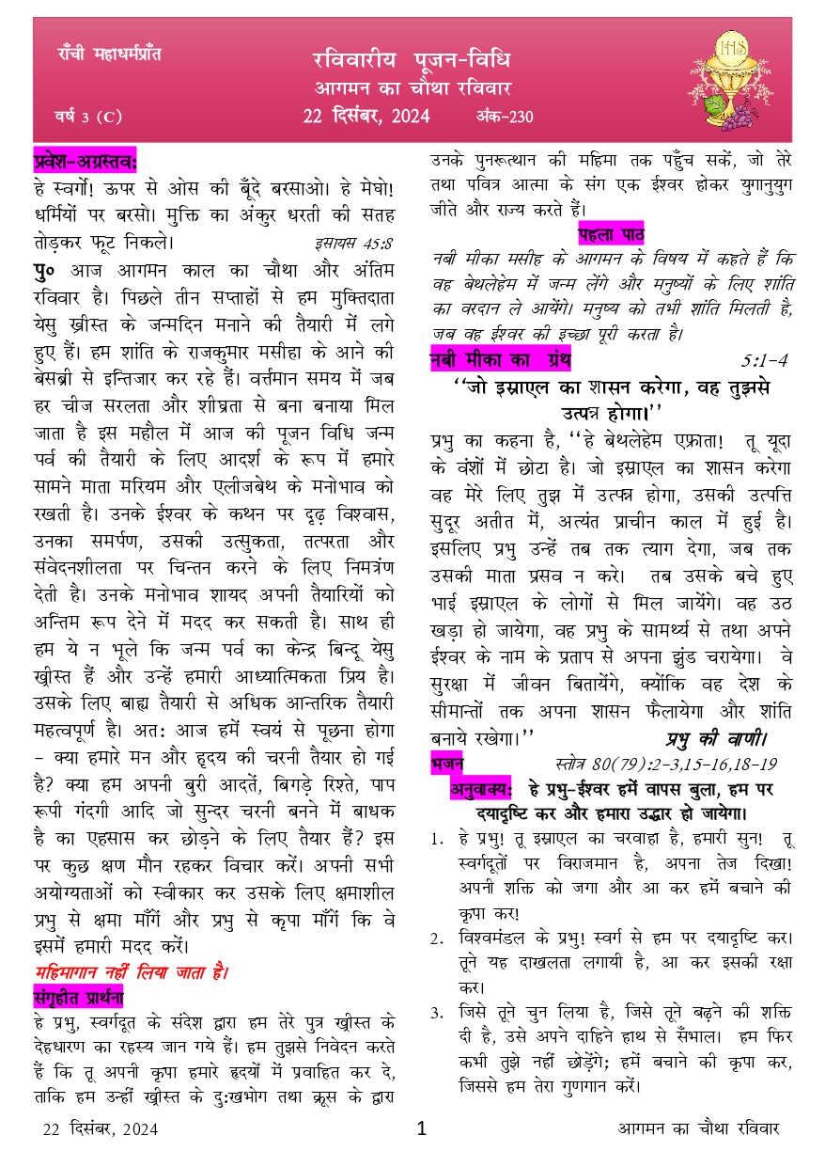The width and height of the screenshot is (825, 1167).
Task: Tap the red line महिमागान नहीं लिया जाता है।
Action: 132,971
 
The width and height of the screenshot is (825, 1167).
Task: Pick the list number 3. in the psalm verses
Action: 437,1014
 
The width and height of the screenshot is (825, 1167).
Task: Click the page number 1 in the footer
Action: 421,1128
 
